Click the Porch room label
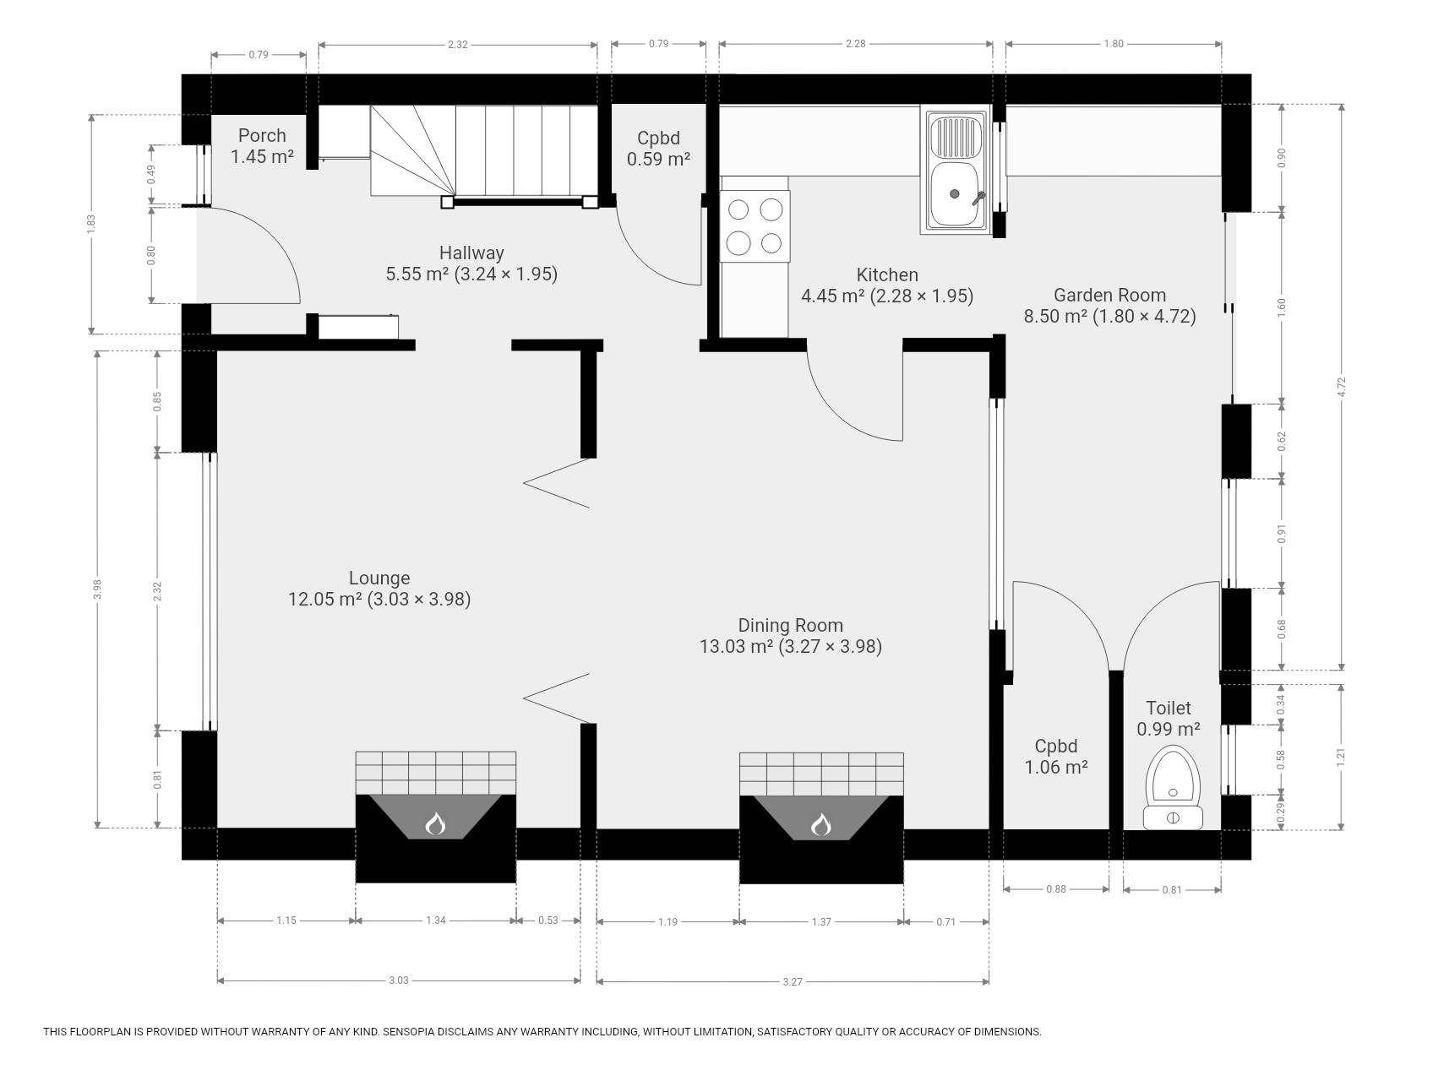click(x=262, y=135)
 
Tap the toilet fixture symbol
click(x=1173, y=786)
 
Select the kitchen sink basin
click(x=956, y=195)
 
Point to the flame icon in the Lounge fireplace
click(x=435, y=823)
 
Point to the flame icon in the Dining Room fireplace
click(x=821, y=823)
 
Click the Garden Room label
click(x=1109, y=296)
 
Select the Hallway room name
click(x=471, y=253)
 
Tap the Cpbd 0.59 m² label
click(x=658, y=148)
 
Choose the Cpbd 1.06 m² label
click(x=1056, y=757)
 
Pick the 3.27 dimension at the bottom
click(x=792, y=981)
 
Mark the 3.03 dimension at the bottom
click(x=398, y=981)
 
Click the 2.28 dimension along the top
click(x=856, y=44)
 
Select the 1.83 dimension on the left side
click(x=92, y=225)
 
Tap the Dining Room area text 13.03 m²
click(x=736, y=647)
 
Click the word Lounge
click(x=379, y=579)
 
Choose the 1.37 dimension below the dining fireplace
click(x=821, y=922)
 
